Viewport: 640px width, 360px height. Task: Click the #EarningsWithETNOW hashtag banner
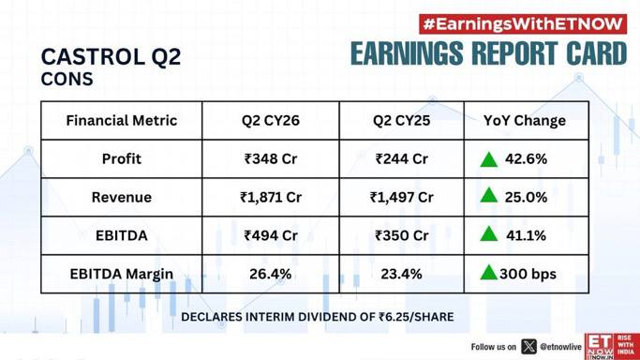(x=523, y=24)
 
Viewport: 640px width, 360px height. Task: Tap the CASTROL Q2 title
(x=111, y=56)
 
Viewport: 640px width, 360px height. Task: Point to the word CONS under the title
(x=67, y=79)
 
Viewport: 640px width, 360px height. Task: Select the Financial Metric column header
(x=121, y=120)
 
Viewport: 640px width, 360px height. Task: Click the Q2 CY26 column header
(x=271, y=120)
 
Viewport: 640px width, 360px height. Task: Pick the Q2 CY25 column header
(x=402, y=120)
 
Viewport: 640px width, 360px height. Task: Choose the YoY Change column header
(x=525, y=120)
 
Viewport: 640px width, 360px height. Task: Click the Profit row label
(x=121, y=158)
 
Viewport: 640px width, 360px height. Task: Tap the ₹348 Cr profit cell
(x=271, y=158)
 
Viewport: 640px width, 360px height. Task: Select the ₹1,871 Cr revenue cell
(x=271, y=197)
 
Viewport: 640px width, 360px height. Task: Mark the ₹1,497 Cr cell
(x=402, y=197)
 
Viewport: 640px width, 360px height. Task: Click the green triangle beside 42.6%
(x=488, y=159)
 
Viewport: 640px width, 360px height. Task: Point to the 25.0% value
(x=526, y=197)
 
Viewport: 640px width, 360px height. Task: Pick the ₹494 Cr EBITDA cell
(x=271, y=235)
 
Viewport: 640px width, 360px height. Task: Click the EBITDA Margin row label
(x=121, y=274)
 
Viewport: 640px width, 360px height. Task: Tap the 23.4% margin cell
(x=402, y=274)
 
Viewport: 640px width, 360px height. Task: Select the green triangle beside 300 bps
(x=488, y=273)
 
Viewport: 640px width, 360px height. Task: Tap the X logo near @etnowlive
(x=528, y=347)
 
